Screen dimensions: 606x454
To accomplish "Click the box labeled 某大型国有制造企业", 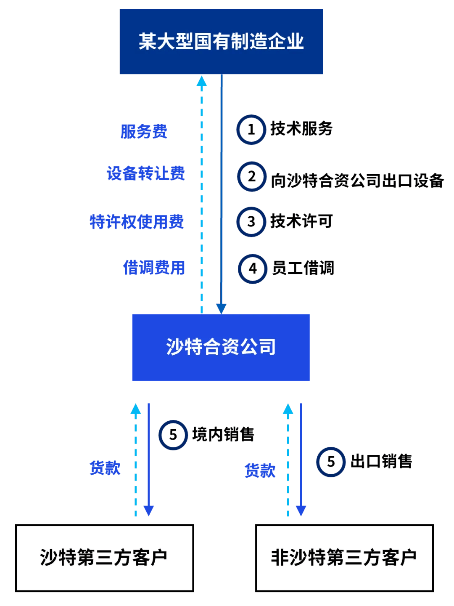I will pos(221,42).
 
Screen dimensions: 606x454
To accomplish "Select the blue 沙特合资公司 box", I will pos(221,347).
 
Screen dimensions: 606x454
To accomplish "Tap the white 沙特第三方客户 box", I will pos(104,558).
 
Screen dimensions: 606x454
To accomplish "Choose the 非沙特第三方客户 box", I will pos(344,558).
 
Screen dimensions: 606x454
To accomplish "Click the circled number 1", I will pos(251,130).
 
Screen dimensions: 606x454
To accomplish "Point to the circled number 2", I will pos(251,176).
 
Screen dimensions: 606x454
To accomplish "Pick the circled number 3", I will pos(251,222).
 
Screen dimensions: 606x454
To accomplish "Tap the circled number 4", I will pos(252,268).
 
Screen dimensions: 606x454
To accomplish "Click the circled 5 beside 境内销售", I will pos(173,435).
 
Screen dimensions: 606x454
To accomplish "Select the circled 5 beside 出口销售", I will pos(331,462).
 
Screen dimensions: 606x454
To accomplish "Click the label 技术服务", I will pos(301,129).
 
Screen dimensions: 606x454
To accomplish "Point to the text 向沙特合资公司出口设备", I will pos(357,181).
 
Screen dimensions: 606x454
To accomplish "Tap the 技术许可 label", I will pos(301,221).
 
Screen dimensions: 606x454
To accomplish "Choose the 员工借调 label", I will pos(303,268).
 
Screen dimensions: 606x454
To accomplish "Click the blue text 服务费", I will pos(144,131).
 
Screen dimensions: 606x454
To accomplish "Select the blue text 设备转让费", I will pos(146,173).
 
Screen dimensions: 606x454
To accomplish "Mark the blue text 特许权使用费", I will pos(137,222).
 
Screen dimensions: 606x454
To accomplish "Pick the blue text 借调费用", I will pos(154,268).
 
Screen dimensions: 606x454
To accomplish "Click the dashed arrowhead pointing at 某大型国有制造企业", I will pos(202,81).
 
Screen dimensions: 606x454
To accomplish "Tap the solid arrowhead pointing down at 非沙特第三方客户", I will pos(301,510).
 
